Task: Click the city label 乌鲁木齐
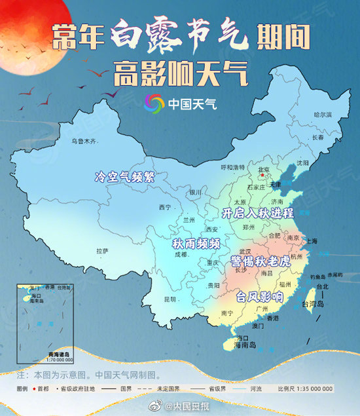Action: pyautogui.click(x=84, y=141)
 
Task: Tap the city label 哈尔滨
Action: pyautogui.click(x=323, y=115)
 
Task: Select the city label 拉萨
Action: pyautogui.click(x=102, y=251)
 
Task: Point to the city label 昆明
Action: pyautogui.click(x=170, y=299)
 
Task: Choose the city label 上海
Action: pyautogui.click(x=310, y=241)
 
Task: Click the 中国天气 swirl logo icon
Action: pyautogui.click(x=154, y=104)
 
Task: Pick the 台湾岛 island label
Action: pyautogui.click(x=312, y=304)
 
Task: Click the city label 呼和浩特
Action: pyautogui.click(x=232, y=168)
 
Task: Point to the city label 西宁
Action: pyautogui.click(x=164, y=208)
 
